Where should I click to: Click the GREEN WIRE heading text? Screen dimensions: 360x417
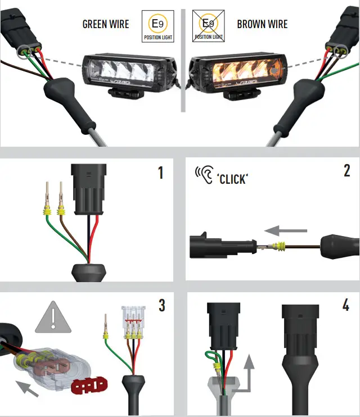106,24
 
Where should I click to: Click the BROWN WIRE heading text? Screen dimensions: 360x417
262,24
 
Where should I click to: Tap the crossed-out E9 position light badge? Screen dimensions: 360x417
208,26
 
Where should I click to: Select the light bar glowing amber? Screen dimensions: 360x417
236,72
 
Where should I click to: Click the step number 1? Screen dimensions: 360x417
160,173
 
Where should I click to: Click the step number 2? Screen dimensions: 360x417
346,171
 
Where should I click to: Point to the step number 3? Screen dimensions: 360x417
162,306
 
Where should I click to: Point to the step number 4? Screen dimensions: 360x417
346,306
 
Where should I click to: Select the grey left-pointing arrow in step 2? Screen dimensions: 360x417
286,230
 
